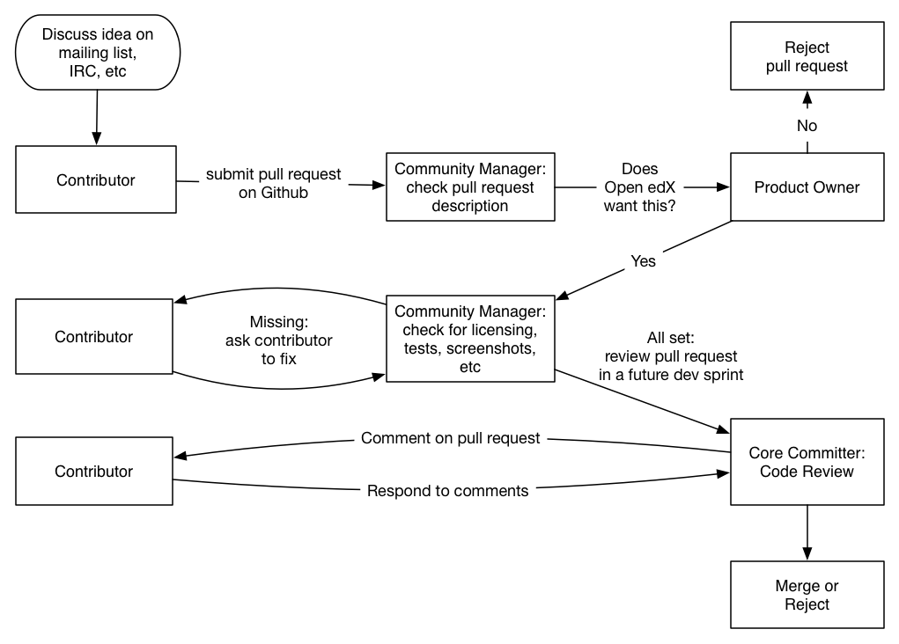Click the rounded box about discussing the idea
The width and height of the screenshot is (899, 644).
coord(98,53)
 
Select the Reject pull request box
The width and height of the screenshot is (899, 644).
coord(807,56)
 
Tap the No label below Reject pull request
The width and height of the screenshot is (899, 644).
coord(807,126)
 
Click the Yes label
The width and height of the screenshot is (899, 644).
coord(644,261)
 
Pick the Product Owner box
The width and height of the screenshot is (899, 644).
coord(807,187)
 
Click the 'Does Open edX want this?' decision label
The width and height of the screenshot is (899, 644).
coord(640,187)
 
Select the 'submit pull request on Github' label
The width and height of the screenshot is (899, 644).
coord(273,183)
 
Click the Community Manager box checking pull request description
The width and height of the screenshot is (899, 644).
coord(470,187)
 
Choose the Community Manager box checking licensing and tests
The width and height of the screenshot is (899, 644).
coord(470,339)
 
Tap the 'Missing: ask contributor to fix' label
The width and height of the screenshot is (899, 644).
coord(278,340)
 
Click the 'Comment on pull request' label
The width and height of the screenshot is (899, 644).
coord(451,438)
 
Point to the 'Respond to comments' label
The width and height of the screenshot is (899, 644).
coord(447,491)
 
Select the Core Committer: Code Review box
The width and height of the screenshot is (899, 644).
coord(807,462)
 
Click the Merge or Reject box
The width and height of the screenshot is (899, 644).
coord(807,595)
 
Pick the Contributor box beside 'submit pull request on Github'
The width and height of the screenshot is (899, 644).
coord(96,180)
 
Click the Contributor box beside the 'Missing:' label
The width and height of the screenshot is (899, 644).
coord(94,337)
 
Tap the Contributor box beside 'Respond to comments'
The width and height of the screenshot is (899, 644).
coord(94,472)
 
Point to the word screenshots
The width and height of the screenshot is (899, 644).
coord(490,348)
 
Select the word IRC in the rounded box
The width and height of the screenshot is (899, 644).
coord(82,71)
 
